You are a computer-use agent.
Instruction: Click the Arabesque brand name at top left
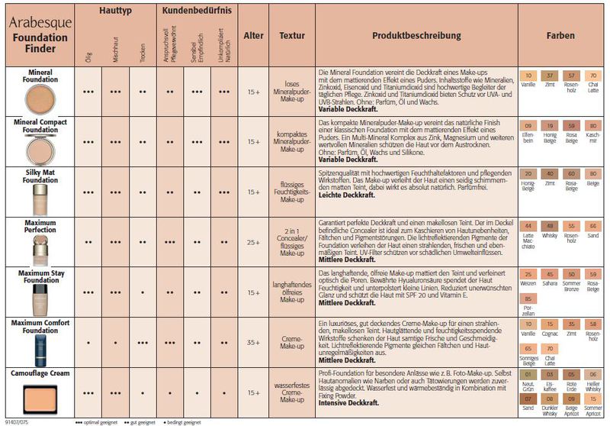(x=40, y=22)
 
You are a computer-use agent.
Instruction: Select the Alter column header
(x=252, y=35)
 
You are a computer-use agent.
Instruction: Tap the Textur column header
(x=292, y=35)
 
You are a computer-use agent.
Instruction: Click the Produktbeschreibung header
(x=416, y=35)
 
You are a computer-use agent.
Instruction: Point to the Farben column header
(x=560, y=35)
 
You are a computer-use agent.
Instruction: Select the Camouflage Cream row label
(x=40, y=373)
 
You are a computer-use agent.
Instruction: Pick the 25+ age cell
(x=252, y=241)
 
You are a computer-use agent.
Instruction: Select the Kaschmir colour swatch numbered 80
(x=592, y=128)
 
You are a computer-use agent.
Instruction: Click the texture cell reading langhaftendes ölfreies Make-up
(x=292, y=292)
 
